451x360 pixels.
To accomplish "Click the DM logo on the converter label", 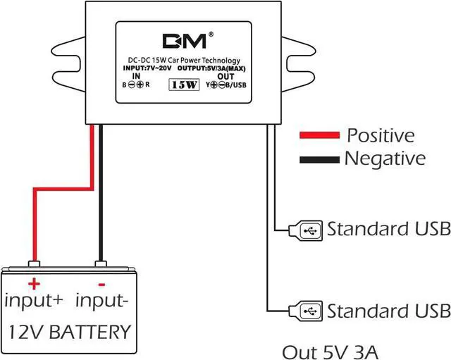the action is point(185,41).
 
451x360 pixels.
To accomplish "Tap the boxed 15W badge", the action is point(184,85).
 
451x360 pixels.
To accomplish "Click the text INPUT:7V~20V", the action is point(147,68).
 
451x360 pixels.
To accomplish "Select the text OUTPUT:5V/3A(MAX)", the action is point(211,68).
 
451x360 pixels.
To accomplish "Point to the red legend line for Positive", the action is point(319,135).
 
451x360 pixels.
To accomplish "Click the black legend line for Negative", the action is point(319,160).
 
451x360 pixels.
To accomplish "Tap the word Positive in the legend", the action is point(381,135).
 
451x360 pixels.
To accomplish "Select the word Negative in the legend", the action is point(385,158).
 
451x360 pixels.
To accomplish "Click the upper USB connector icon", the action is point(305,230).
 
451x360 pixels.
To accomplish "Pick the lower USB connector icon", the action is point(305,311).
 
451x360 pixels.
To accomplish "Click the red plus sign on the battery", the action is point(34,284).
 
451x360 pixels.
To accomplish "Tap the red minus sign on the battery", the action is point(101,285).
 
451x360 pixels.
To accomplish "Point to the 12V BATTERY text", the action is point(70,332).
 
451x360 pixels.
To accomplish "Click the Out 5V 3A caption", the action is point(330,352).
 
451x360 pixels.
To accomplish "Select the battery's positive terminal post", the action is point(35,263).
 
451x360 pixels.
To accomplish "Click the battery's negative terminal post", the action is point(101,263).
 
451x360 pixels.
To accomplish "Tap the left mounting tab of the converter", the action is point(68,64).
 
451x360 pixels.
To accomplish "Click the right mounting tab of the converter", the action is point(299,64).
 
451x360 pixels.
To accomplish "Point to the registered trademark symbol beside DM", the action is point(211,35).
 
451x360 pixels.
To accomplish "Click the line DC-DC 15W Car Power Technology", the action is point(184,61).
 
